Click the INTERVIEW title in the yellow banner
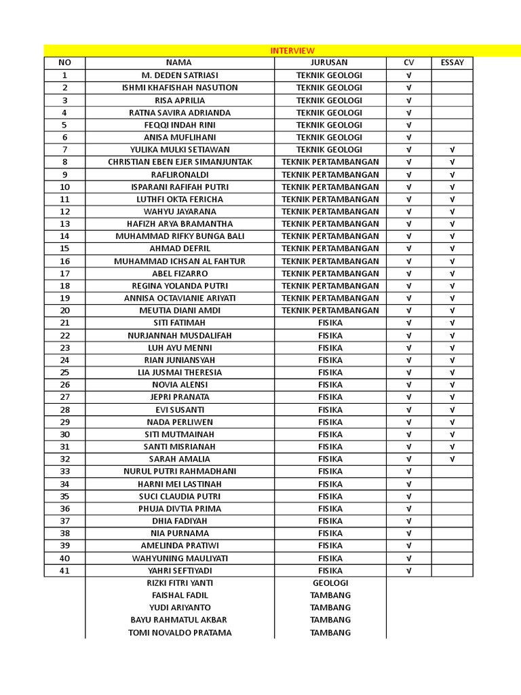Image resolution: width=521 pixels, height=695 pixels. (292, 51)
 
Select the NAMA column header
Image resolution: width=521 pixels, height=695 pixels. (179, 62)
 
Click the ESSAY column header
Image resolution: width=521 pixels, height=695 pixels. (452, 62)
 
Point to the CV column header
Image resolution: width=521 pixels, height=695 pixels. (408, 62)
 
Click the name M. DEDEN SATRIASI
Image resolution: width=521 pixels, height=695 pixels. (179, 75)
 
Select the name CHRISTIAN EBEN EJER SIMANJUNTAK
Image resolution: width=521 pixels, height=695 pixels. (180, 162)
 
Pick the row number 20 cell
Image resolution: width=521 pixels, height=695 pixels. (64, 310)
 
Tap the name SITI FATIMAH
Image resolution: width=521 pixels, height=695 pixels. (180, 322)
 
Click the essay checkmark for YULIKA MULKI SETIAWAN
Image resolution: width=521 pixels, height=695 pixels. (452, 149)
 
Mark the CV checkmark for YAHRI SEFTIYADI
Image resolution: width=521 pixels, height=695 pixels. (408, 571)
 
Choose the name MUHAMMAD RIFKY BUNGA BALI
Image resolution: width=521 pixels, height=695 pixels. (180, 236)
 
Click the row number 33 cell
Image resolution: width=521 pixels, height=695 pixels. (64, 471)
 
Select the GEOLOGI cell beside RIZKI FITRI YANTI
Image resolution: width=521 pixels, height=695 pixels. (330, 583)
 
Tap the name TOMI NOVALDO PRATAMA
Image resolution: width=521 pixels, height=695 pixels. (180, 633)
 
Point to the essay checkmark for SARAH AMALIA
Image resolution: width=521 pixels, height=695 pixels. (452, 459)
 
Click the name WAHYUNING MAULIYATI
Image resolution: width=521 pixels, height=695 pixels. (180, 558)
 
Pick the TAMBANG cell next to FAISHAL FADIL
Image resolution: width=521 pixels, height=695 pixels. (330, 595)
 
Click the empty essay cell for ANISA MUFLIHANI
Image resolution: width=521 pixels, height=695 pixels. (452, 137)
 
